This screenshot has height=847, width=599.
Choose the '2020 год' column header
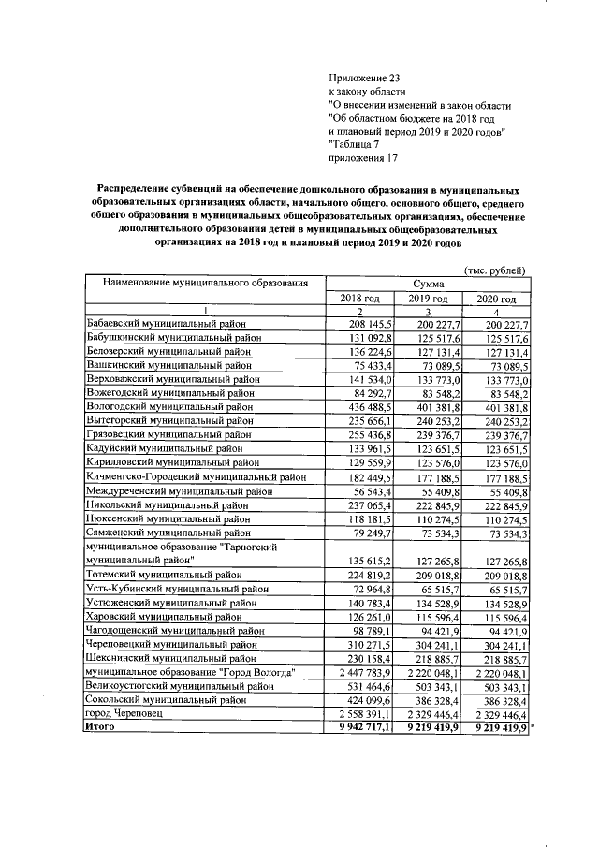[497, 298]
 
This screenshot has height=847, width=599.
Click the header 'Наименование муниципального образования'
[206, 282]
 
